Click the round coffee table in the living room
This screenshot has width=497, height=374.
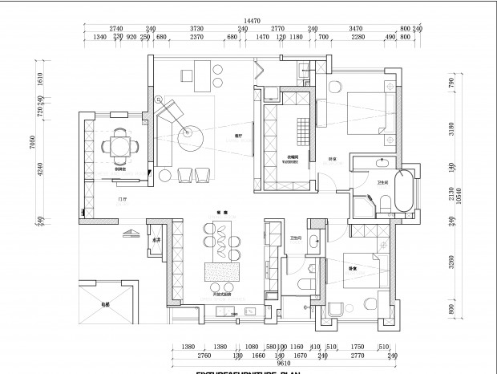point(191,138)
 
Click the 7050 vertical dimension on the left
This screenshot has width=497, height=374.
point(33,143)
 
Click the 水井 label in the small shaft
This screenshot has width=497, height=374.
point(156,241)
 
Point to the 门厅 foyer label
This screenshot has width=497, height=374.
point(123,198)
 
